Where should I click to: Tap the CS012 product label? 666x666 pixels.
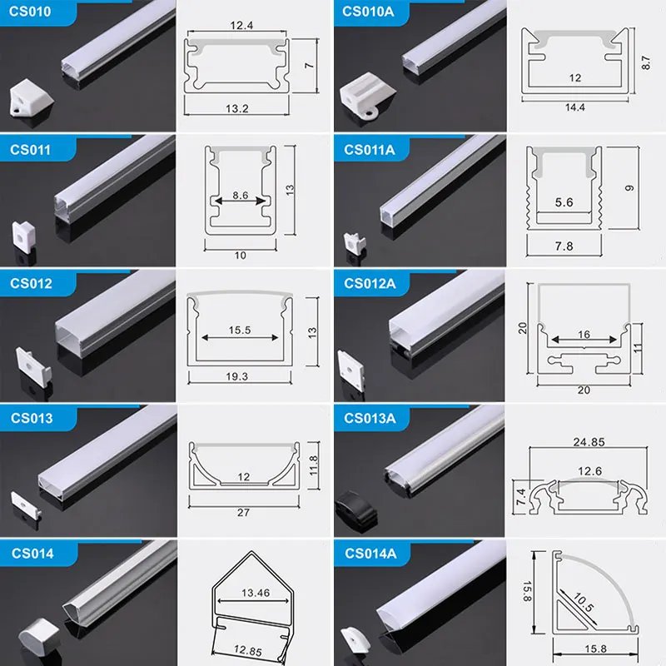(31, 283)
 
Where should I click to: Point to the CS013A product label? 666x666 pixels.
(370, 418)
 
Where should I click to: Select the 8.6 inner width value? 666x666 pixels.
(240, 195)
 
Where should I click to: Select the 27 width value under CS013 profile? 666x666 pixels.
(243, 512)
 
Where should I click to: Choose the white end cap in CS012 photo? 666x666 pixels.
(31, 365)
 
